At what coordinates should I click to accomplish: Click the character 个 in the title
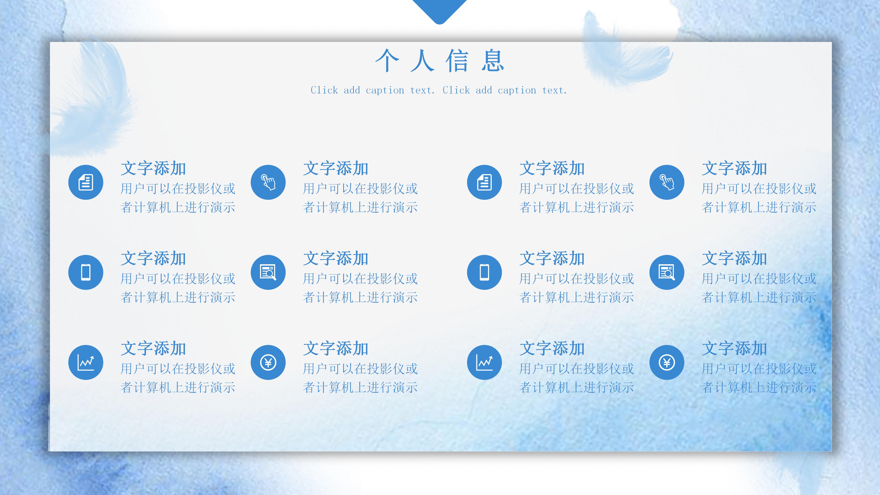click(387, 61)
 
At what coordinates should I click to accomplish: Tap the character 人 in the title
click(422, 61)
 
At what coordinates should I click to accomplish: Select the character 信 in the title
click(457, 61)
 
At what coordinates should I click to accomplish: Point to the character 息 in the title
click(493, 61)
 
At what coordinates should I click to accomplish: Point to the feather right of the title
click(625, 51)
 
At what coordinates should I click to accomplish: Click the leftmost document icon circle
click(86, 182)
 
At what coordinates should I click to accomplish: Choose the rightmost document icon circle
click(484, 182)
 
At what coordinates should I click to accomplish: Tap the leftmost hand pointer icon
click(268, 182)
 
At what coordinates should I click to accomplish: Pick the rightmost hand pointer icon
click(667, 182)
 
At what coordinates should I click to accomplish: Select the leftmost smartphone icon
click(86, 272)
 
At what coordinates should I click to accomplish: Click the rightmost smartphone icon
click(484, 272)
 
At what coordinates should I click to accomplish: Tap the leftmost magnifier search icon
click(268, 272)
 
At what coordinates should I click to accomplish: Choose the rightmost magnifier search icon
click(667, 272)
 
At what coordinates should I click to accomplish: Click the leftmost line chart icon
click(86, 363)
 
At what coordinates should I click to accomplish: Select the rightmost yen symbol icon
click(667, 363)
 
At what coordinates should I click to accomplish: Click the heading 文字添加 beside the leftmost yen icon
click(336, 348)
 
